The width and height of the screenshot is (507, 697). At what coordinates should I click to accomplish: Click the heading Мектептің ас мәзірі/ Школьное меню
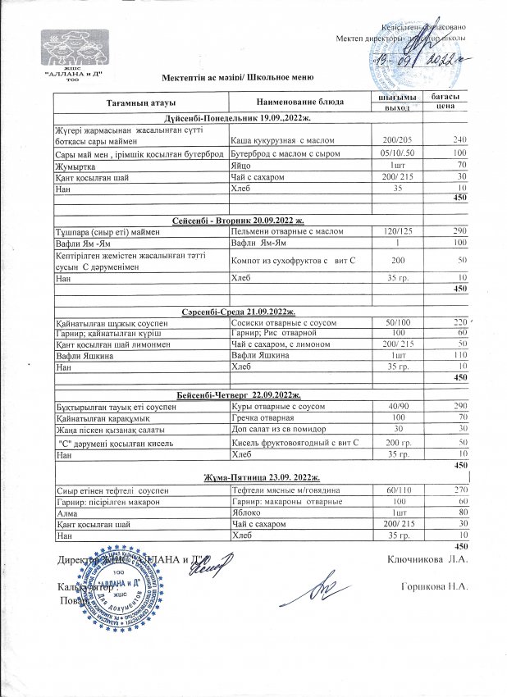pyautogui.click(x=238, y=77)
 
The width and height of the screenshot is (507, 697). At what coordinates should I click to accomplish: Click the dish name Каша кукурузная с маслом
pyautogui.click(x=281, y=140)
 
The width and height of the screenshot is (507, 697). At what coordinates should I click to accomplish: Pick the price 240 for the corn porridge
pyautogui.click(x=459, y=140)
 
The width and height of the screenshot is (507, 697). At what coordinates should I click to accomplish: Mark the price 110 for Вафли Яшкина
pyautogui.click(x=459, y=357)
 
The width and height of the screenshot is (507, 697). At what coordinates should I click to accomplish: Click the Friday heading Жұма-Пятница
pyautogui.click(x=250, y=477)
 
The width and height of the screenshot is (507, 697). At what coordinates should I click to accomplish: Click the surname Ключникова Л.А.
pyautogui.click(x=426, y=560)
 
